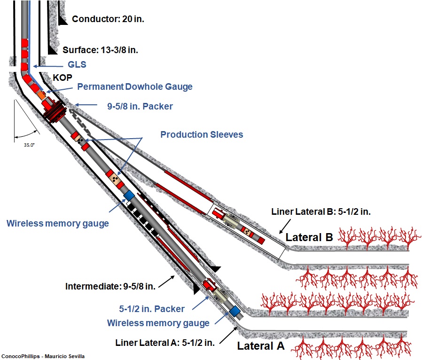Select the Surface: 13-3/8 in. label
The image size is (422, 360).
point(100,49)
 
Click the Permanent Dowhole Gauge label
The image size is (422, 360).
point(135,87)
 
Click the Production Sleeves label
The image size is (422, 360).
point(202,134)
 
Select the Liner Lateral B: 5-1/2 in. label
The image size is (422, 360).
point(321,212)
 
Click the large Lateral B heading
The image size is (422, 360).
point(309,237)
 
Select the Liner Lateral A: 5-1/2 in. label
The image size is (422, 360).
point(165,343)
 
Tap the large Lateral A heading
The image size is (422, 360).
point(261,346)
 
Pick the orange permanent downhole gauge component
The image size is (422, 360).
point(42,95)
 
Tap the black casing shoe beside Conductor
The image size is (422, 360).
point(62,20)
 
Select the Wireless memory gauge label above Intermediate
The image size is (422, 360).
point(57,223)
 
